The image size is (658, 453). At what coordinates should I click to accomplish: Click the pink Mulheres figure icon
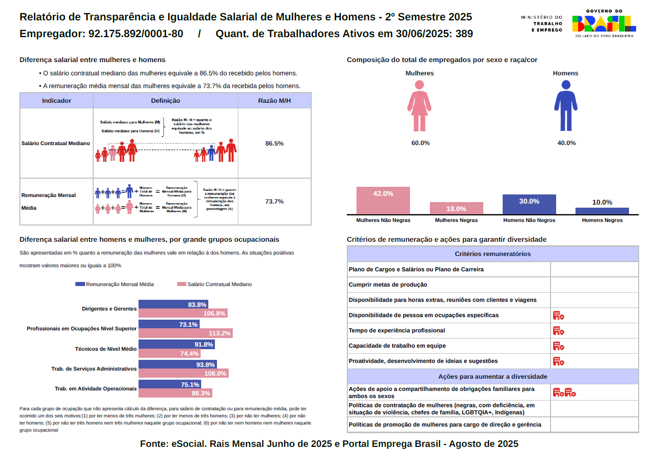click(419, 105)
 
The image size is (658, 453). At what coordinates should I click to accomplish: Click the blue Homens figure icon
click(565, 105)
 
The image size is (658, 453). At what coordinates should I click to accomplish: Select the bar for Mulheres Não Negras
click(383, 201)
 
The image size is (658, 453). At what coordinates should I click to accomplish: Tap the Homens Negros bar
click(602, 211)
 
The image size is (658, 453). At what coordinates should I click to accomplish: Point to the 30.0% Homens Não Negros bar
click(529, 204)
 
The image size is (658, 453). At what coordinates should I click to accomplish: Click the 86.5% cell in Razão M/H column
click(274, 144)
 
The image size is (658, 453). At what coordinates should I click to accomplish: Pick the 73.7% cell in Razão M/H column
click(274, 202)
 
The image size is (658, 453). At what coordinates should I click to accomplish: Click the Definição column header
click(166, 101)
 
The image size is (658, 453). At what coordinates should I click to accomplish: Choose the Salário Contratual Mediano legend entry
click(214, 285)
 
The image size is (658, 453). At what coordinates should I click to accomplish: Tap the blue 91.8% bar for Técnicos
click(176, 345)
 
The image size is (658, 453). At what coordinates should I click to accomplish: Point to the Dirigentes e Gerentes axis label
click(109, 309)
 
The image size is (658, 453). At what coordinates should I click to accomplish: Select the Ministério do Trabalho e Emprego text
click(541, 23)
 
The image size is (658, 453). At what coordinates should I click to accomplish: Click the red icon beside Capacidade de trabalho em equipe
click(558, 346)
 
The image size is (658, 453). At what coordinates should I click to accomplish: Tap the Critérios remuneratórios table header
click(492, 254)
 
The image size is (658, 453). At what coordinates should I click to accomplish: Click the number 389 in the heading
click(464, 34)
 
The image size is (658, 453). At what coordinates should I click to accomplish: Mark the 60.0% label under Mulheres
click(420, 143)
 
